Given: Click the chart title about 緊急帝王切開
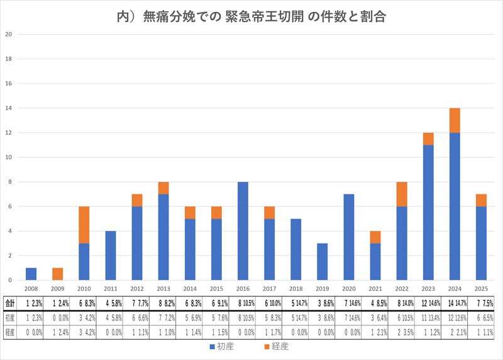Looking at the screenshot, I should (251, 16).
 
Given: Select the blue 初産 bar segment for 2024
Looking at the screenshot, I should (454, 206).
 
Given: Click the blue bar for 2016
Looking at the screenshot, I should (243, 231).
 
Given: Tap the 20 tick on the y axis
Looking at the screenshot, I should (8, 35).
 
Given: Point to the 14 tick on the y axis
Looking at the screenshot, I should (8, 108).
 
